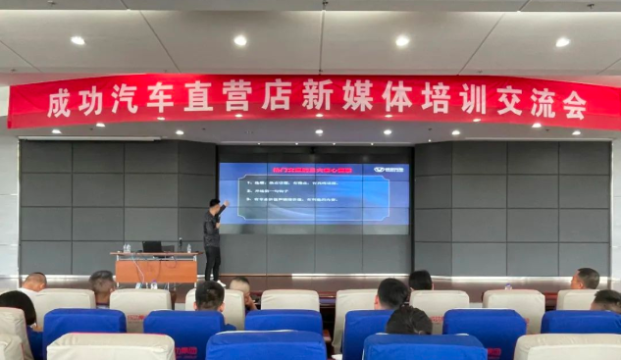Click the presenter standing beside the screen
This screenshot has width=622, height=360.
pos(213,238)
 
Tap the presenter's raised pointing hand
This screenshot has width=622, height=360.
pos(227,204)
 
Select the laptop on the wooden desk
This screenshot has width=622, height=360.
pos(152,247)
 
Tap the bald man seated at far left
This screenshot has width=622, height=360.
pos(34,283)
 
